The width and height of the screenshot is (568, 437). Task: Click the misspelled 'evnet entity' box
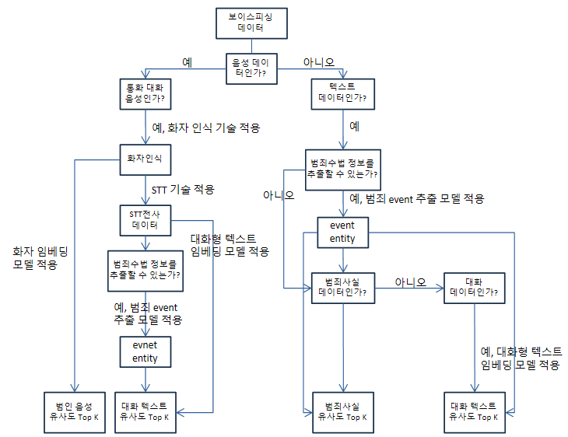click(x=145, y=352)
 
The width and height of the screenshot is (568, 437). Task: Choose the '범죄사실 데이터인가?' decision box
click(x=342, y=287)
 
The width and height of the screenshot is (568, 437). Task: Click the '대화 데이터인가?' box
click(x=475, y=287)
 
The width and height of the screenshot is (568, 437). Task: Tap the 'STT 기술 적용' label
click(x=182, y=189)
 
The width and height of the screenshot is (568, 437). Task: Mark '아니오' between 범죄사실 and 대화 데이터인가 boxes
click(x=410, y=281)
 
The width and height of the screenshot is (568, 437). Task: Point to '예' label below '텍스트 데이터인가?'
click(x=354, y=125)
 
